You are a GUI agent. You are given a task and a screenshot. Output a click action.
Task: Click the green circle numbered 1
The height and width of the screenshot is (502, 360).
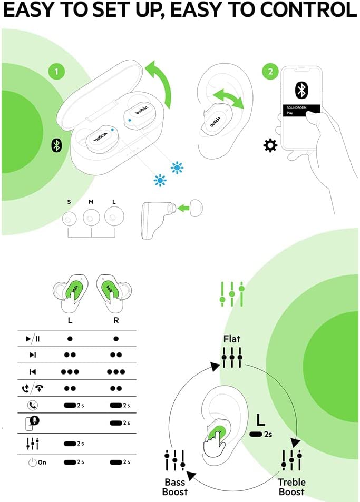tap(56, 71)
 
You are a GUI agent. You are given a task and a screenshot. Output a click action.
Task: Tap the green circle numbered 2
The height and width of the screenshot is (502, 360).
tap(270, 71)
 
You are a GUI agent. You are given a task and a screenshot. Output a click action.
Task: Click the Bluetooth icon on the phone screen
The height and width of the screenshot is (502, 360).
tap(301, 90)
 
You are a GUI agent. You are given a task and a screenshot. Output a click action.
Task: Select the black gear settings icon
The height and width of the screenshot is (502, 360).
tap(270, 145)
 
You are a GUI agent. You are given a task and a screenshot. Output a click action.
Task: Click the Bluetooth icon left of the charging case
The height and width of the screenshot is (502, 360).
tap(56, 145)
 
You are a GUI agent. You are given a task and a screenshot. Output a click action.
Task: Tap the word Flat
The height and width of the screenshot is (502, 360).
tap(232, 339)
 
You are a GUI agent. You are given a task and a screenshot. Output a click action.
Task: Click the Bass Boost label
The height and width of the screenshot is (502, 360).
tap(175, 487)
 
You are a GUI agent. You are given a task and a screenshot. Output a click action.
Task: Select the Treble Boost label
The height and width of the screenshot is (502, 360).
tap(291, 487)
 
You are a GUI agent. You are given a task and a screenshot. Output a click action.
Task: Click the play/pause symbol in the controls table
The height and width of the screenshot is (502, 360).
tap(33, 339)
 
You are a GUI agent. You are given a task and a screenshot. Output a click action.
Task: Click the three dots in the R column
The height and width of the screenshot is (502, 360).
tap(115, 372)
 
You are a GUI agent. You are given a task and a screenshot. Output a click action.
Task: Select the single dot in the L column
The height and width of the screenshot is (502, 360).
tap(70, 339)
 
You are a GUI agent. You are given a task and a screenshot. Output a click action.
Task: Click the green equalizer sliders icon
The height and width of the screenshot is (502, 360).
tap(232, 294)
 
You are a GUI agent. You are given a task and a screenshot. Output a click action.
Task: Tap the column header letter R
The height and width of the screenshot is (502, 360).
tap(115, 321)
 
